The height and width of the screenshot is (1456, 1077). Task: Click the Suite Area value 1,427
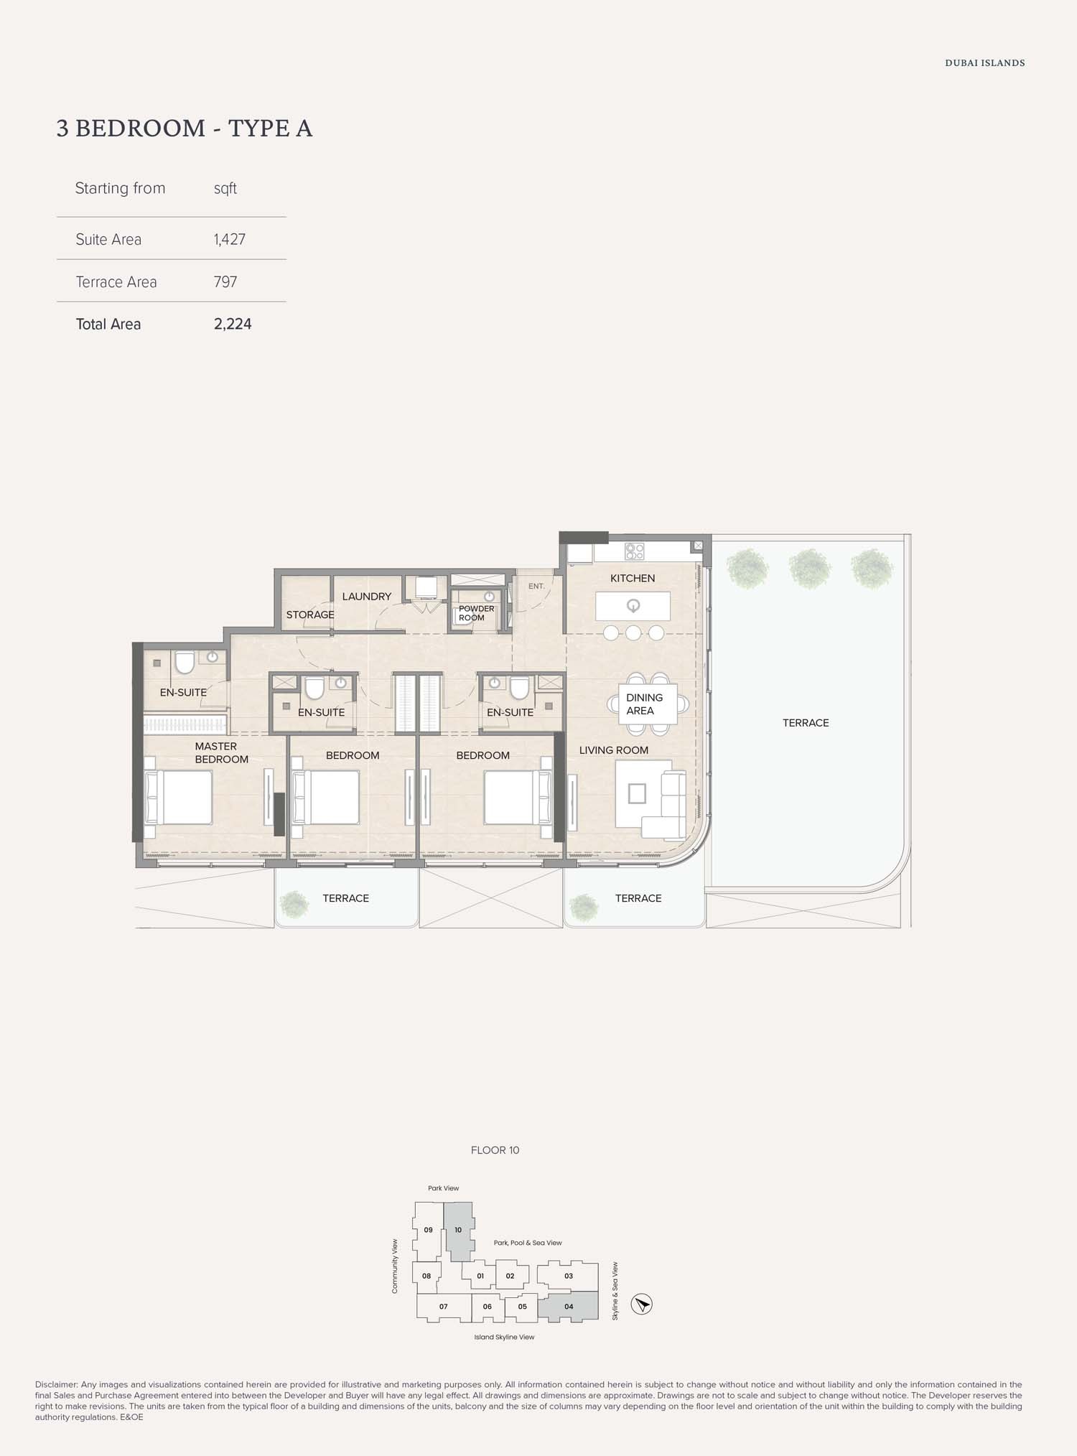[230, 240]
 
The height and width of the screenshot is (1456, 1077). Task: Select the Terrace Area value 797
[225, 282]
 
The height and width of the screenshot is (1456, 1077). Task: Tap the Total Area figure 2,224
[233, 325]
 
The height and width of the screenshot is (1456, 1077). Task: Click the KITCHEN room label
[633, 579]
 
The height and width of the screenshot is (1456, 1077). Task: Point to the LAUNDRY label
[366, 597]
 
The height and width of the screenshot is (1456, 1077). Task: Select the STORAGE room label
[310, 615]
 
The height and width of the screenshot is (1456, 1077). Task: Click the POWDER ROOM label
[475, 613]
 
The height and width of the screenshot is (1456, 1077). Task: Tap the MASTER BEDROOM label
[220, 753]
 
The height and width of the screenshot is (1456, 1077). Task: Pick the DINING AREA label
[644, 704]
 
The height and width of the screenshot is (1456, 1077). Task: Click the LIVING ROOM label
[613, 750]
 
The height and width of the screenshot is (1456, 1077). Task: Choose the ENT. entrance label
[536, 587]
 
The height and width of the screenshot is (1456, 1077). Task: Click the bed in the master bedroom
[179, 797]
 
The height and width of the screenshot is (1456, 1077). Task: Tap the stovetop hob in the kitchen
[635, 551]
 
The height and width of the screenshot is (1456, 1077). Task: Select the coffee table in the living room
[637, 793]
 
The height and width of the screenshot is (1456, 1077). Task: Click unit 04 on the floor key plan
[569, 1307]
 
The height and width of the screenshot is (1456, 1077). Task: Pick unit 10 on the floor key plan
[458, 1230]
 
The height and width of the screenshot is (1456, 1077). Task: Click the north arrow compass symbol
[642, 1304]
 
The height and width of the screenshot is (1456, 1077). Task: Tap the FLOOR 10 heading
[495, 1150]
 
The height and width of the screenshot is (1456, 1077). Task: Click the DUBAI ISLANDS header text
[984, 63]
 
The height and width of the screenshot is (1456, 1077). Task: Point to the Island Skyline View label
[504, 1337]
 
